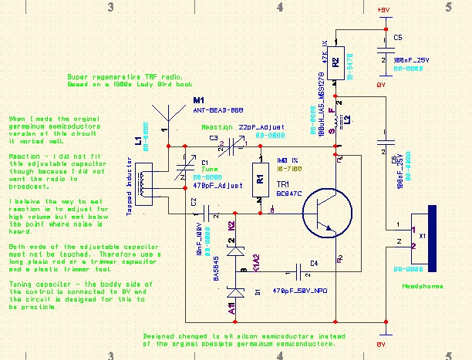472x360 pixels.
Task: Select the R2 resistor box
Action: click(335, 62)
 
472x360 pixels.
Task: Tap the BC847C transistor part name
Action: click(288, 194)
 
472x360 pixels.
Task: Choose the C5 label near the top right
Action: click(397, 36)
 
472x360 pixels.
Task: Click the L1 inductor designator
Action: click(138, 143)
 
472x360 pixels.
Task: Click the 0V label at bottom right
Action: click(379, 345)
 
